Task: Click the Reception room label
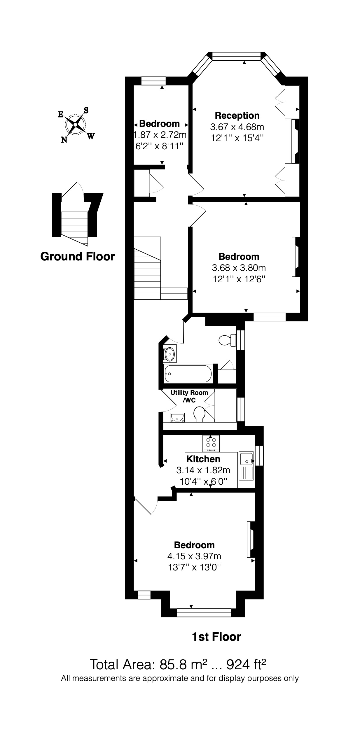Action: click(x=237, y=115)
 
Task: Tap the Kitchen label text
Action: click(x=203, y=459)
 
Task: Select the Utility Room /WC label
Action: click(x=189, y=396)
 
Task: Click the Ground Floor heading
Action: click(x=77, y=257)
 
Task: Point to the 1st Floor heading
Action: click(x=216, y=637)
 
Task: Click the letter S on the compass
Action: click(x=86, y=110)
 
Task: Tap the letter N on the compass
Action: click(x=64, y=140)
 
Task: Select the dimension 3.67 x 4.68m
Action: click(x=237, y=127)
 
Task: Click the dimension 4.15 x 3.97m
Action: click(x=194, y=556)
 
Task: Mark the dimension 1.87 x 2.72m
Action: click(x=160, y=135)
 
